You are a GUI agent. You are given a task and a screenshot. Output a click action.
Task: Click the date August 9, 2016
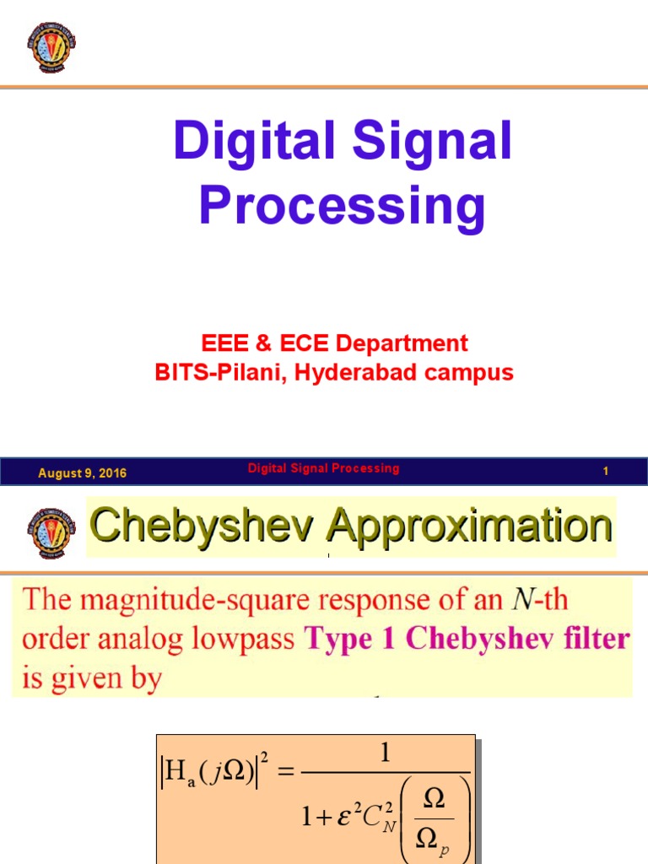[82, 473]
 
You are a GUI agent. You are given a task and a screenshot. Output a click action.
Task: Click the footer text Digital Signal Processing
[323, 468]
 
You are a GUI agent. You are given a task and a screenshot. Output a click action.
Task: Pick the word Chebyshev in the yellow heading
[204, 526]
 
